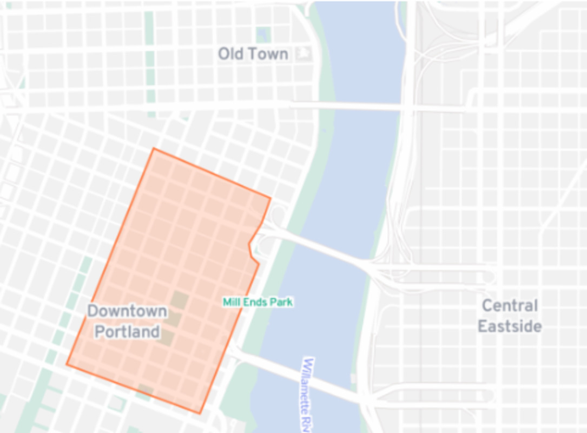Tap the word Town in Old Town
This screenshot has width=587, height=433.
pos(268,54)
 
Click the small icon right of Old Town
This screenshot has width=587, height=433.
pos(305,53)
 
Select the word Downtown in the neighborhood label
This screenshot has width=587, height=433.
pos(127,311)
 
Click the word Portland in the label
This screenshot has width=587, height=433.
pos(127,331)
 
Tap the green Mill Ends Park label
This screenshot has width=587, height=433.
pos(258,302)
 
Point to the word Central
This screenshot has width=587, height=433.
pos(510,306)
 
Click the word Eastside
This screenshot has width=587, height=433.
pos(510,326)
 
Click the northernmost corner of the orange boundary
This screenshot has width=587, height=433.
pos(154,148)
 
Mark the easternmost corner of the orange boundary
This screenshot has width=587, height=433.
pos(270,198)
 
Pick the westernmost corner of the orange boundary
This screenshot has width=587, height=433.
pos(67,364)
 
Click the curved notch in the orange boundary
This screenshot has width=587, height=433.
pos(251,246)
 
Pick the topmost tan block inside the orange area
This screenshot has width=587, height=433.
pos(180,300)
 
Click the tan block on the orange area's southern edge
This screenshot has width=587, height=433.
pos(145,390)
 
